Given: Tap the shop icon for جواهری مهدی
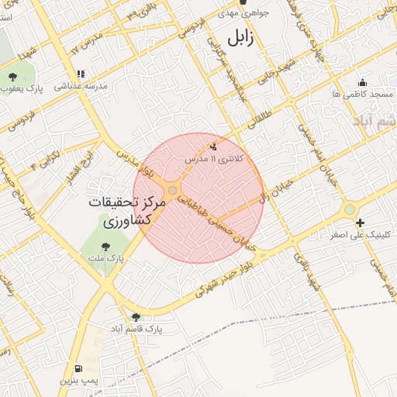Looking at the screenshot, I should tap(242, 2).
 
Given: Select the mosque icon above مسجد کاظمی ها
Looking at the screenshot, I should tap(361, 82).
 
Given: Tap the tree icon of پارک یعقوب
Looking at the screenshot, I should tap(13, 77).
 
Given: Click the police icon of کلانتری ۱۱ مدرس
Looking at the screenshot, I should tap(214, 146).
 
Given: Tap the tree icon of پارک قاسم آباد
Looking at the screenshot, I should tap(136, 317).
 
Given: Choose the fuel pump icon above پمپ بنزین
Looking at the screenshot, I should tap(78, 368).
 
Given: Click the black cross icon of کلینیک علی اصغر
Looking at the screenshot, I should tap(360, 223).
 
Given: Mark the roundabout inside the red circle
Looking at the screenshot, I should tap(172, 189).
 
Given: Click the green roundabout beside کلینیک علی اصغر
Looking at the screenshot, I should tap(350, 209).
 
